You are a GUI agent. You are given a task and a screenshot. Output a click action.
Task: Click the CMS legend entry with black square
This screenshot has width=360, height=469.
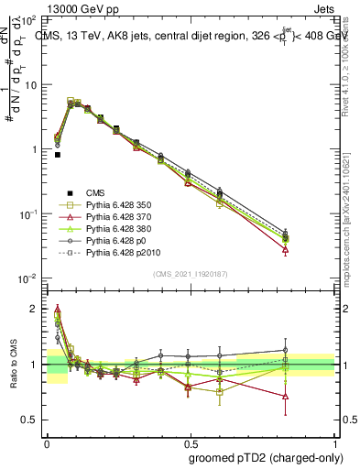coord(96,192)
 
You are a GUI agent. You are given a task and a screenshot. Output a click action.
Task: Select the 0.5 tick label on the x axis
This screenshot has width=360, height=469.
coord(189,442)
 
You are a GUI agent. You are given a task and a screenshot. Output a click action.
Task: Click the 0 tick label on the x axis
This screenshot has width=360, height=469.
coord(47,442)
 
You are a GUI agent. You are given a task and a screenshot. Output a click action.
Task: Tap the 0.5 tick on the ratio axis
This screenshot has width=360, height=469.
coord(30,420)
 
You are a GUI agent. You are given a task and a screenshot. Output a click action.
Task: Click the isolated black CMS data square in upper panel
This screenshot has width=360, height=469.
coord(58,155)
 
